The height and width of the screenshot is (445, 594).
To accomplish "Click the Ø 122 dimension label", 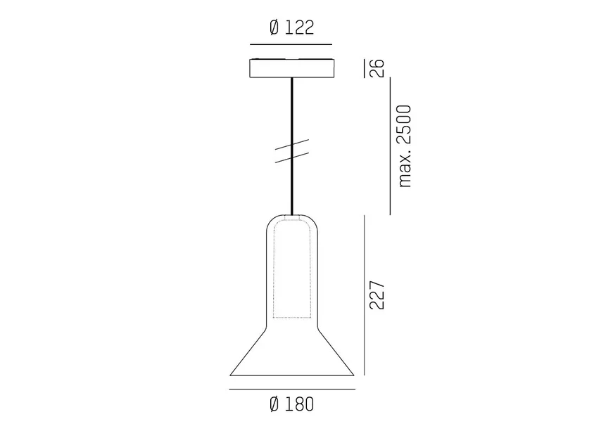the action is coord(291,27).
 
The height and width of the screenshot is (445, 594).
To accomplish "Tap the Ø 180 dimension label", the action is coord(291,404).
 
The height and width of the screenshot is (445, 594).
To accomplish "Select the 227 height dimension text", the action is coord(377,295).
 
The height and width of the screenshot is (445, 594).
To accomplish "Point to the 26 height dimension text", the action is coord(377,68).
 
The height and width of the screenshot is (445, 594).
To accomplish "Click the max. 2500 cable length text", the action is coord(405,146).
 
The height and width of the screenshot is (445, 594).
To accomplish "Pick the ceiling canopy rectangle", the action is coord(291,68).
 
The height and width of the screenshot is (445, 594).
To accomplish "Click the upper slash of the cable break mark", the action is coord(291,145).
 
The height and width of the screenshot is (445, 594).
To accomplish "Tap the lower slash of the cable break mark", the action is coord(291,157).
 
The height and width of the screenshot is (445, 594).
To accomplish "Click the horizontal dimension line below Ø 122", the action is coord(291,45).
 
